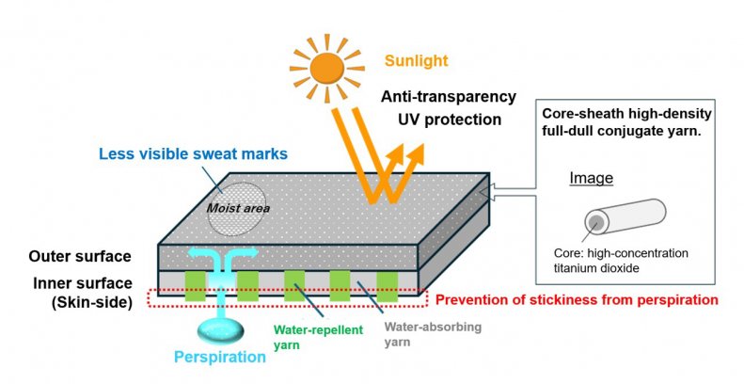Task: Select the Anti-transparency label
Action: [449, 97]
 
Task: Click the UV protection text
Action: [448, 120]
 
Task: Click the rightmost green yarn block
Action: [387, 285]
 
